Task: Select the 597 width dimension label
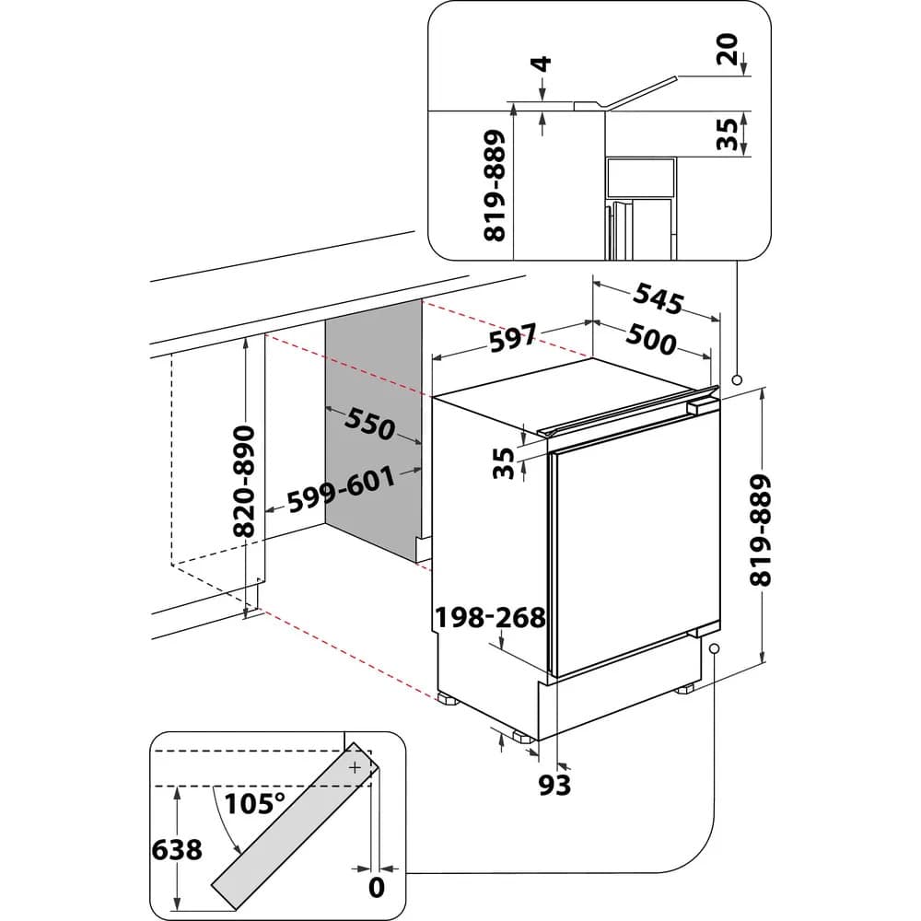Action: [512, 340]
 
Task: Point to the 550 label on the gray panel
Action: [369, 424]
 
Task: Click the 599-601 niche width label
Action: [342, 490]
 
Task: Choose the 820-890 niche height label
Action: [243, 481]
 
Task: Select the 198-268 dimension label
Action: [492, 616]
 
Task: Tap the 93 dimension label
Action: [554, 784]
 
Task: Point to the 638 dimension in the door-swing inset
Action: [176, 848]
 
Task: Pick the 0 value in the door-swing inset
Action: [375, 886]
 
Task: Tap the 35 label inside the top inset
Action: [728, 134]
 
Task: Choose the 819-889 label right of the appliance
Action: [760, 530]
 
